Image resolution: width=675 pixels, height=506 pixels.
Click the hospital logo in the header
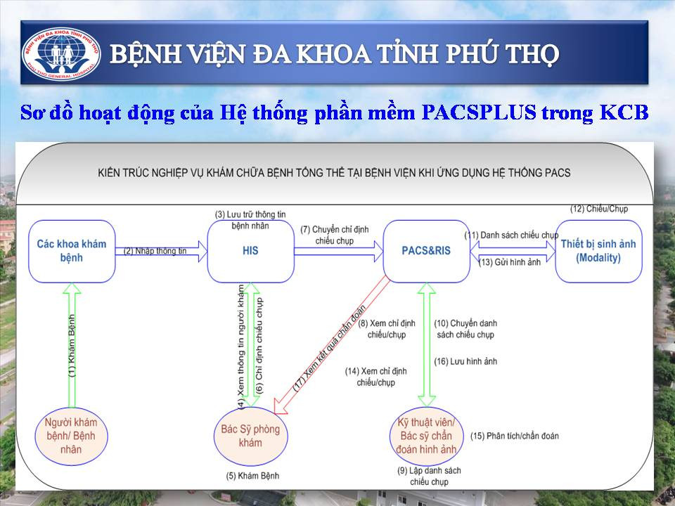click(61, 54)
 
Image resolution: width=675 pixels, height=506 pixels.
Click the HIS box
click(250, 251)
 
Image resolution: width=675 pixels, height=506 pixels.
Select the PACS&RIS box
click(426, 251)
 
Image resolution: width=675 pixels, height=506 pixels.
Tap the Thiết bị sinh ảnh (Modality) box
click(598, 251)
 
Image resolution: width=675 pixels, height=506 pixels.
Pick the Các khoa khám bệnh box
click(72, 251)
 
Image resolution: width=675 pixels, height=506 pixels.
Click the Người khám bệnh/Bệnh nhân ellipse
click(71, 436)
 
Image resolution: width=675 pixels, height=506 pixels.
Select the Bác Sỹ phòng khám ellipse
click(250, 436)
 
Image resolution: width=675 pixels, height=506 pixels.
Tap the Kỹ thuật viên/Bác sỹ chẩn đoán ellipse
click(427, 436)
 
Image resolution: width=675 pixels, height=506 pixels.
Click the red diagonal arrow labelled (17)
click(332, 346)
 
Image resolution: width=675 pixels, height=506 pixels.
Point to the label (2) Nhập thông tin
click(155, 251)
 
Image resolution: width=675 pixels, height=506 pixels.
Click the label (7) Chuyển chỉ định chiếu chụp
click(335, 235)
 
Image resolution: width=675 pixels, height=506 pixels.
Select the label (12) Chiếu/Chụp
click(599, 209)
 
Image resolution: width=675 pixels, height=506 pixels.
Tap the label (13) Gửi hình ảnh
click(510, 262)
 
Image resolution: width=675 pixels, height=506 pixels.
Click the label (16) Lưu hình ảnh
click(465, 361)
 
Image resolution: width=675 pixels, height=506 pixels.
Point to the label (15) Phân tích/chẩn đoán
click(515, 436)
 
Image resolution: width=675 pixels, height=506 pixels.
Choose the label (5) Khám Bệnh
click(252, 476)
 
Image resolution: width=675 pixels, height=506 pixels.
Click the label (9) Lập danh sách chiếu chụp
click(429, 476)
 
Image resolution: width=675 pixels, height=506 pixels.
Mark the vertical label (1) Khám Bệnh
click(72, 346)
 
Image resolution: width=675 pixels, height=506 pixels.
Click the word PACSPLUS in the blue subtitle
click(479, 112)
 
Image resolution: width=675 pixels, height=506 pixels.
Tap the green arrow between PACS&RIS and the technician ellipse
click(427, 344)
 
